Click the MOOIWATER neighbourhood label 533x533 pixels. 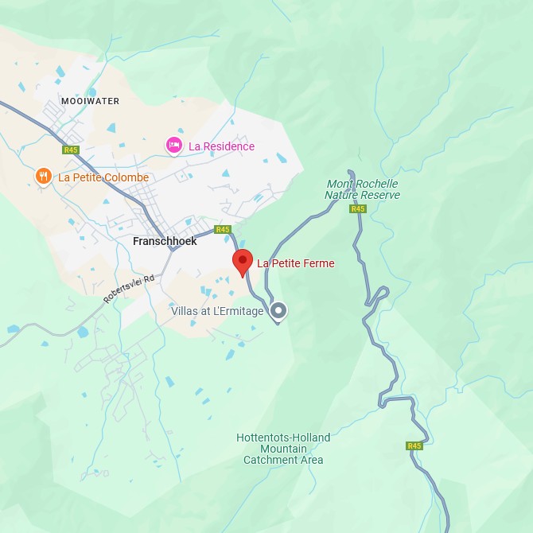[90, 101]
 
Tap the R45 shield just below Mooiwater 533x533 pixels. [72, 150]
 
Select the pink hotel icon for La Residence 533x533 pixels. [174, 146]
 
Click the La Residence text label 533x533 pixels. [221, 146]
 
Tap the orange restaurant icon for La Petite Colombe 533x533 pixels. [44, 177]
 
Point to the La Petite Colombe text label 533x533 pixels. [103, 177]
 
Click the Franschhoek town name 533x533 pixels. [165, 241]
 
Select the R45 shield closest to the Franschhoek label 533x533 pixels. [223, 229]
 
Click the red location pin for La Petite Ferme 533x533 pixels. [243, 262]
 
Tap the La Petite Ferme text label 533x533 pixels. [295, 263]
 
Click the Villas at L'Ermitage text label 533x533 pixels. [217, 311]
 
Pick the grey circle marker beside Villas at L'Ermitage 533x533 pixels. [278, 310]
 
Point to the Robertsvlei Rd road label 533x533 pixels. [131, 284]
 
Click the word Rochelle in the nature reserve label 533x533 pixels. [378, 185]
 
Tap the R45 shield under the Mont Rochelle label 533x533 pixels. [358, 209]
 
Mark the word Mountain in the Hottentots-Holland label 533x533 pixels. [283, 449]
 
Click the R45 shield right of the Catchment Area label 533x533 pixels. [414, 446]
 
